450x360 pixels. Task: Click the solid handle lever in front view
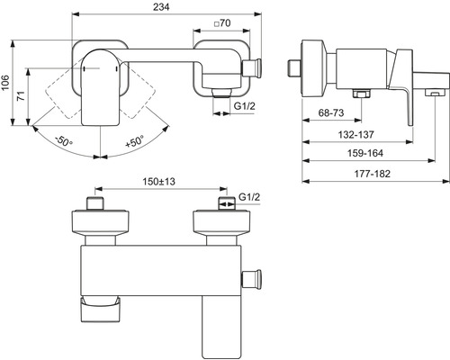[x=98, y=89]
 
